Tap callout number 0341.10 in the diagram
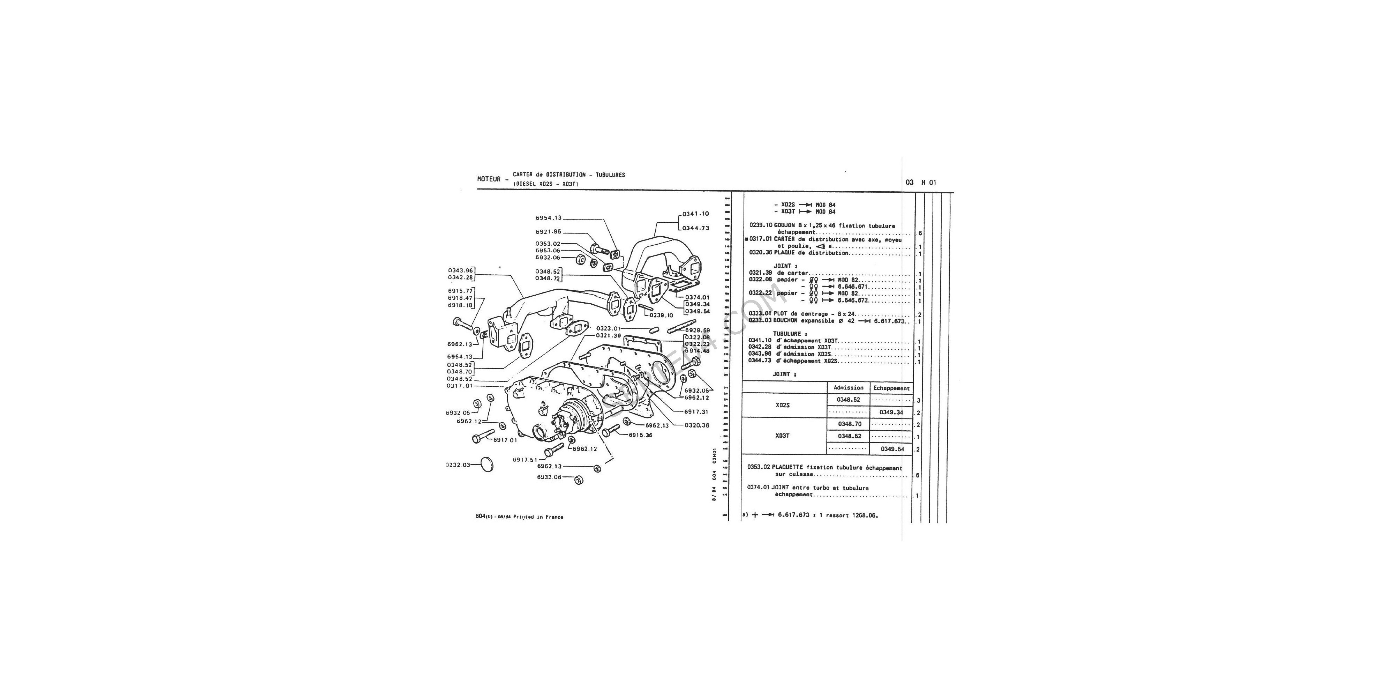pos(696,214)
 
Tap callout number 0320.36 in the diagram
pos(696,425)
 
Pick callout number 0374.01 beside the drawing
pos(697,297)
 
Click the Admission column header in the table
pos(848,388)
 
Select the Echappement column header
pos(891,388)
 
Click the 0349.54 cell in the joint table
pos(891,449)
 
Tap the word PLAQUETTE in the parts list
pos(788,468)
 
